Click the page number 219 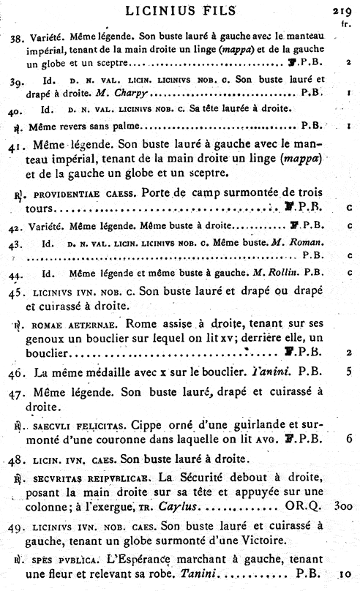click(342, 10)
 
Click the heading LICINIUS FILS click(181, 10)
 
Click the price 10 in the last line click(345, 575)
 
